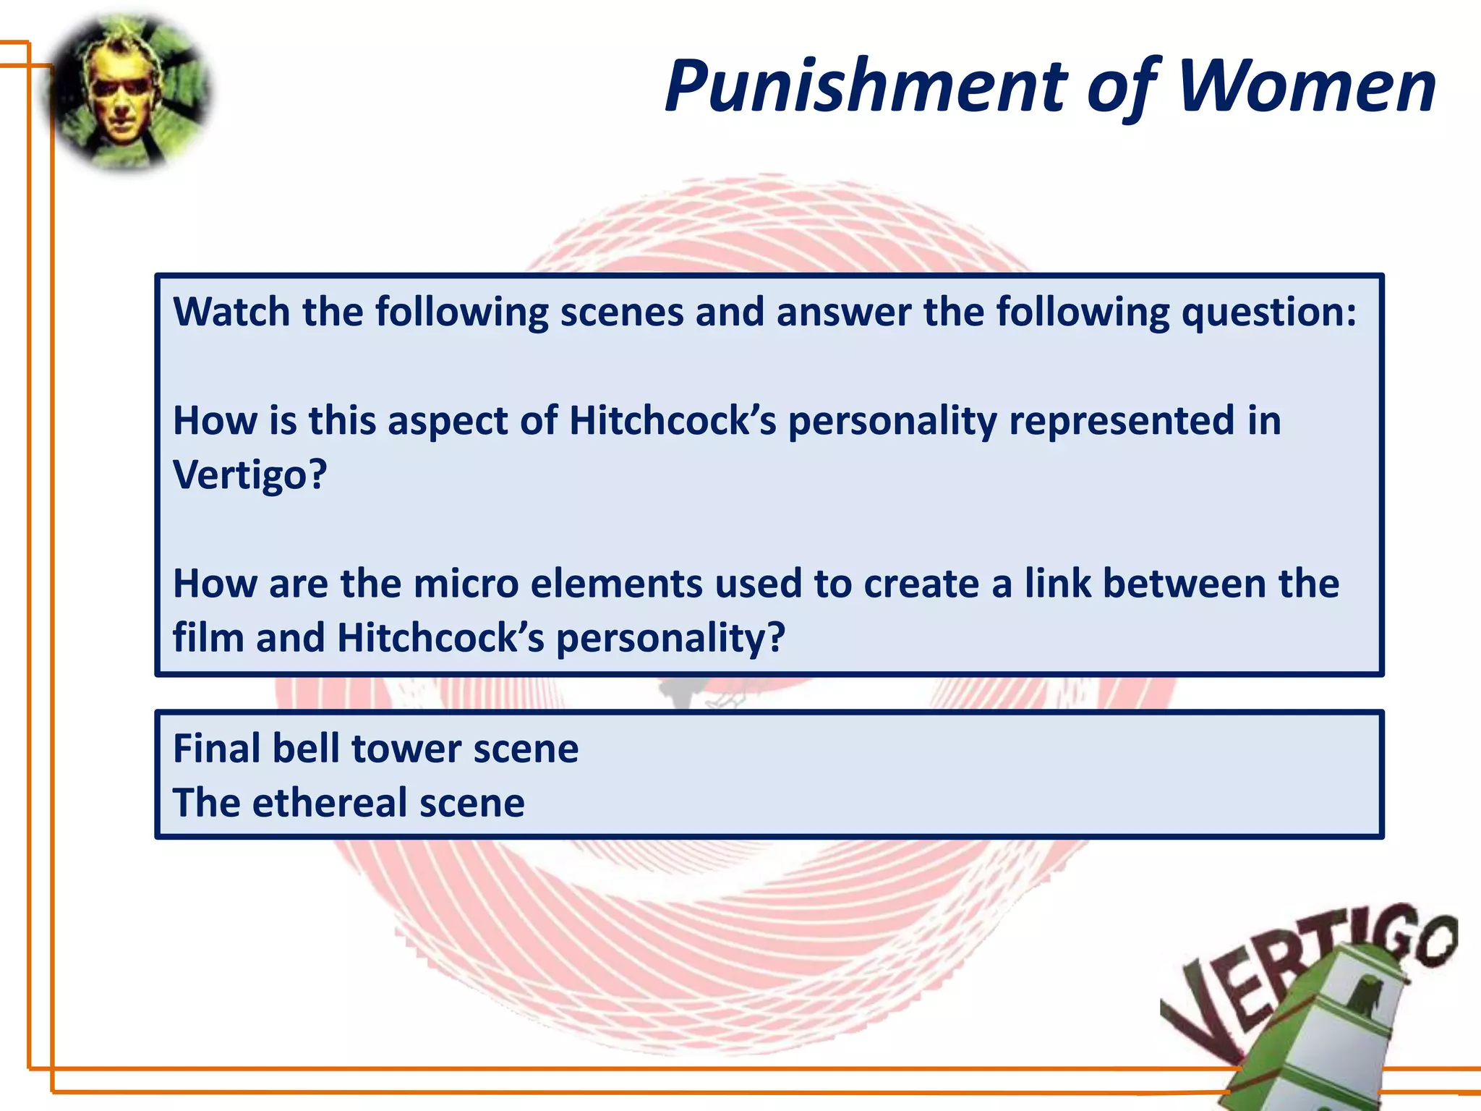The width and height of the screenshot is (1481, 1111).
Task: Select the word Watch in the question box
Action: point(231,312)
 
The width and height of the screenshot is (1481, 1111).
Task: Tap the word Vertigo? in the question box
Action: point(250,475)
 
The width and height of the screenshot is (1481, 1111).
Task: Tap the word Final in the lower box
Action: point(217,749)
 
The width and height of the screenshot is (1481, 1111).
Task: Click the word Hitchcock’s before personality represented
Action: point(673,421)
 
